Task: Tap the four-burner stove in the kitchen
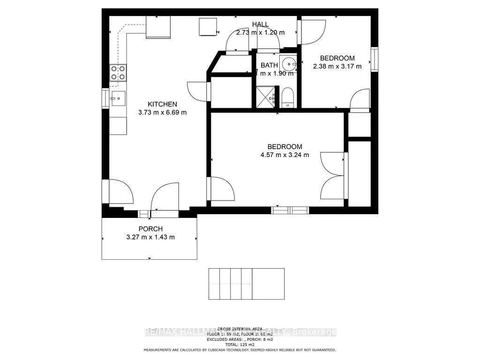(118, 73)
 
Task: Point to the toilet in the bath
(288, 98)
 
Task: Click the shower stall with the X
(266, 97)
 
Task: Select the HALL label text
(260, 24)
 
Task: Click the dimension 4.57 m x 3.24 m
(285, 155)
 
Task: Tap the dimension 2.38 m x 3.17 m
(337, 66)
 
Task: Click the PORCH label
(150, 229)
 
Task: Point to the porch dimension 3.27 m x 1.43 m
(150, 237)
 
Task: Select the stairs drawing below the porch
(246, 284)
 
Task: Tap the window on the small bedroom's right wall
(374, 59)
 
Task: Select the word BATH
(269, 65)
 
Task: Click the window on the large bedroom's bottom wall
(290, 210)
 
